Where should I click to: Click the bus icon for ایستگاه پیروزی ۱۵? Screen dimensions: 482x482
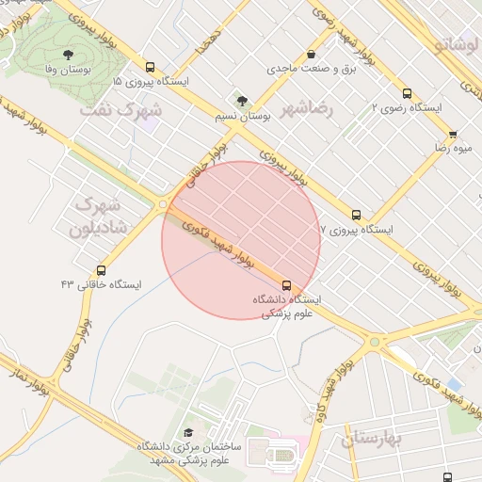[x=150, y=68]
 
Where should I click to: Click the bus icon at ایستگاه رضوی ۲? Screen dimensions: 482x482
[x=407, y=93]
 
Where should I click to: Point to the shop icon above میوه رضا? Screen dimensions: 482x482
[x=453, y=135]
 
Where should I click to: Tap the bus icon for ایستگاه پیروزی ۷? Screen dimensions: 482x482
[x=355, y=215]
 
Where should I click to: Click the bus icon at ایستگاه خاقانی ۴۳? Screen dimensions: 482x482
[x=101, y=268]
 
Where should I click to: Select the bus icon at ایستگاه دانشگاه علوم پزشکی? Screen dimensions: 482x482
[x=286, y=284]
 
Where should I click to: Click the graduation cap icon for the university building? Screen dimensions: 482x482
[x=188, y=432]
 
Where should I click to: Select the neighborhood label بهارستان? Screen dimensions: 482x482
[x=373, y=438]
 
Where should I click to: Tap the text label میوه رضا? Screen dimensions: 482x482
[x=452, y=149]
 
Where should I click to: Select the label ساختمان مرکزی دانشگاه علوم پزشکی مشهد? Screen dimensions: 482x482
[x=188, y=452]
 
